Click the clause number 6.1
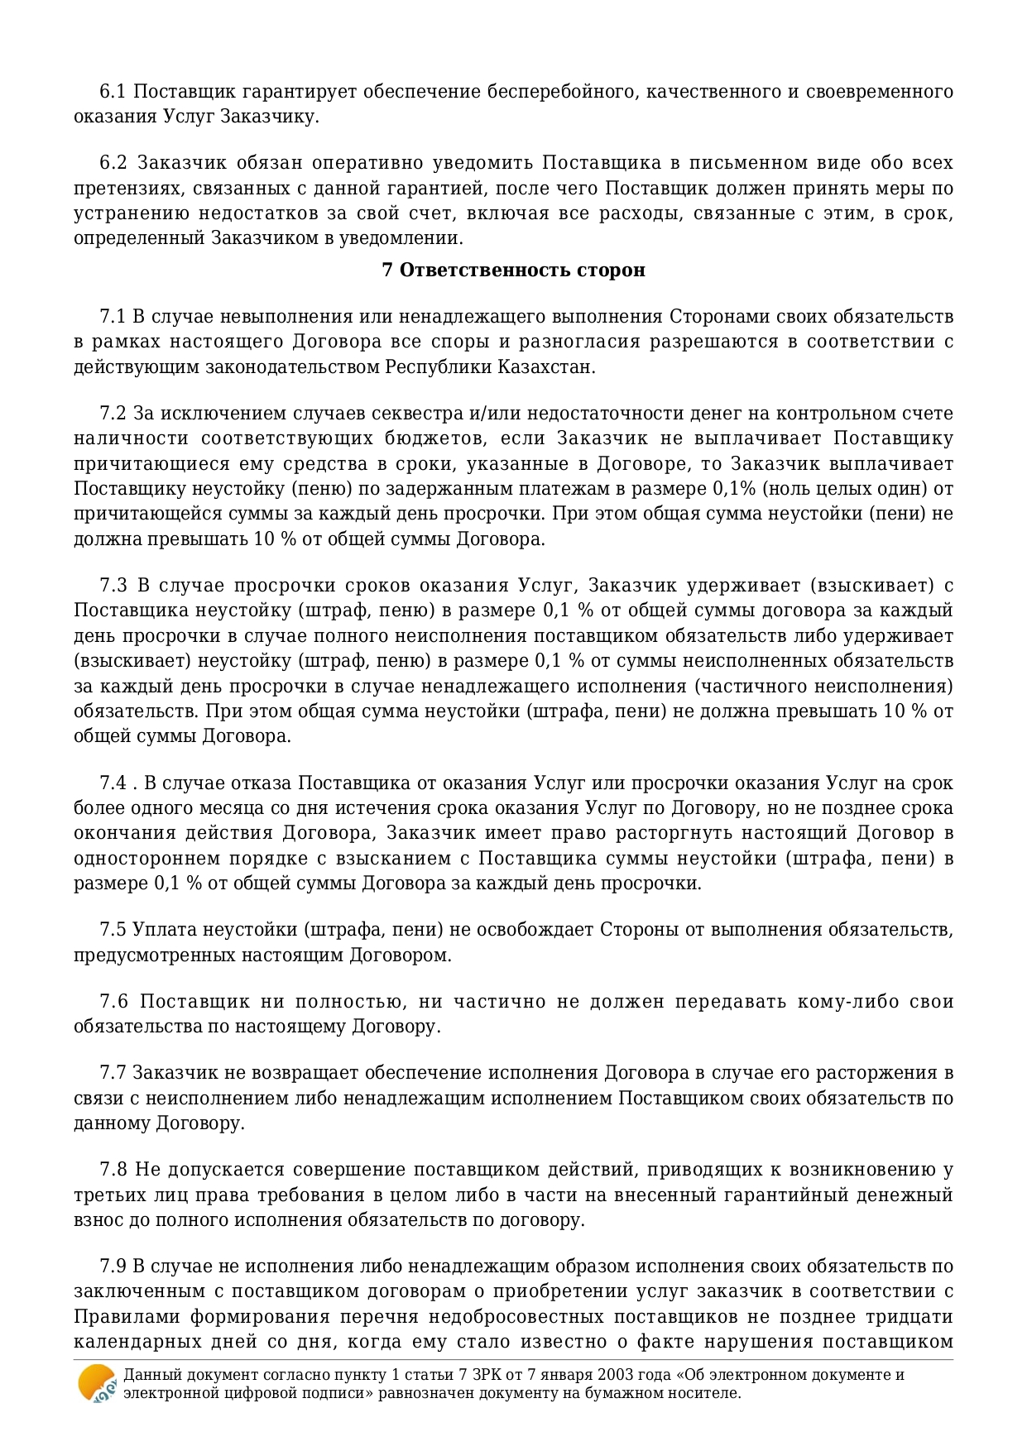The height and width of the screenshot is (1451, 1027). pyautogui.click(x=112, y=92)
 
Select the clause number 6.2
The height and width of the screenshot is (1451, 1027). pyautogui.click(x=112, y=163)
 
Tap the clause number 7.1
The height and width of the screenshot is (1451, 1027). pyautogui.click(x=112, y=317)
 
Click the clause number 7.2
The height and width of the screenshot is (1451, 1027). pyautogui.click(x=112, y=414)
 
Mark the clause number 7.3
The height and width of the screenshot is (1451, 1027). pyautogui.click(x=113, y=586)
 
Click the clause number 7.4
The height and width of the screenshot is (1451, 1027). pyautogui.click(x=112, y=783)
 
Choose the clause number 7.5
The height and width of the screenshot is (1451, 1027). pyautogui.click(x=112, y=930)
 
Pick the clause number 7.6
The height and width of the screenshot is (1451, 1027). pyautogui.click(x=113, y=1002)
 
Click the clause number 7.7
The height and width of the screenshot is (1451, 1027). pyautogui.click(x=112, y=1074)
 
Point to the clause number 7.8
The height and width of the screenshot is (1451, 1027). pyautogui.click(x=113, y=1171)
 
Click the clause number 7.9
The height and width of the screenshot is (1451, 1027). pyautogui.click(x=112, y=1267)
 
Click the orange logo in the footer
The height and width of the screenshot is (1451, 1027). pyautogui.click(x=97, y=1384)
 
